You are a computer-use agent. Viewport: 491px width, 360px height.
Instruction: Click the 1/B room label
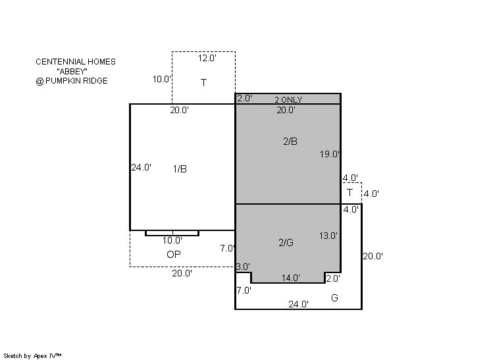click(x=180, y=169)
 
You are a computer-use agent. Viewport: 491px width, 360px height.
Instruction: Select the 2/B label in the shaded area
click(x=290, y=141)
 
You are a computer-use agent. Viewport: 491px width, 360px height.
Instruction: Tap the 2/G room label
click(x=286, y=243)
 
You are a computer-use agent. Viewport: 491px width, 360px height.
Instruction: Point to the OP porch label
click(x=174, y=255)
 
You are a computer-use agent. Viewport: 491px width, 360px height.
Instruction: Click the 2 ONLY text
click(x=288, y=100)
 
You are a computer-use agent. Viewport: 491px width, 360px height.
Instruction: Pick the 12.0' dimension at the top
click(x=207, y=58)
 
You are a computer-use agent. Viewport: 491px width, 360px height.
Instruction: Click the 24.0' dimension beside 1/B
click(x=142, y=167)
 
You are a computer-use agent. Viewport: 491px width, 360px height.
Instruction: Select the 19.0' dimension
click(x=330, y=154)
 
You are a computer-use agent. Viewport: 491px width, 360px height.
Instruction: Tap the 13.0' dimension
click(x=328, y=236)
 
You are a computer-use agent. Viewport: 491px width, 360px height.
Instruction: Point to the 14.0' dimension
click(x=291, y=278)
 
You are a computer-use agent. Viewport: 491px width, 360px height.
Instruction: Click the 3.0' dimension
click(x=243, y=267)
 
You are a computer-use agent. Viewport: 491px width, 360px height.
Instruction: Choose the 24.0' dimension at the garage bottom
click(x=298, y=304)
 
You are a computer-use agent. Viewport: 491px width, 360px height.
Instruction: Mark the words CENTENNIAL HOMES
click(x=76, y=62)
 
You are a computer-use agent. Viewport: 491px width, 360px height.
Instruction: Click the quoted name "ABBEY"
click(x=72, y=71)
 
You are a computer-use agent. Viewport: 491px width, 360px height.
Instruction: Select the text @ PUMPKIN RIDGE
click(x=72, y=81)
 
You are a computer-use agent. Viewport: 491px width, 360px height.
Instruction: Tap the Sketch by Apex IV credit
click(x=32, y=356)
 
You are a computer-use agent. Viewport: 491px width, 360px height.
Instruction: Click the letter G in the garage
click(x=334, y=297)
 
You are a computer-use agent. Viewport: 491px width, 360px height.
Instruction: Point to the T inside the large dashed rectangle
click(x=203, y=83)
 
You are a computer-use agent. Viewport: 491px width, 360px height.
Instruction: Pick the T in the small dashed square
click(x=349, y=193)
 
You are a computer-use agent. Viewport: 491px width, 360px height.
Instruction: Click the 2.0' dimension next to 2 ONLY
click(x=244, y=98)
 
